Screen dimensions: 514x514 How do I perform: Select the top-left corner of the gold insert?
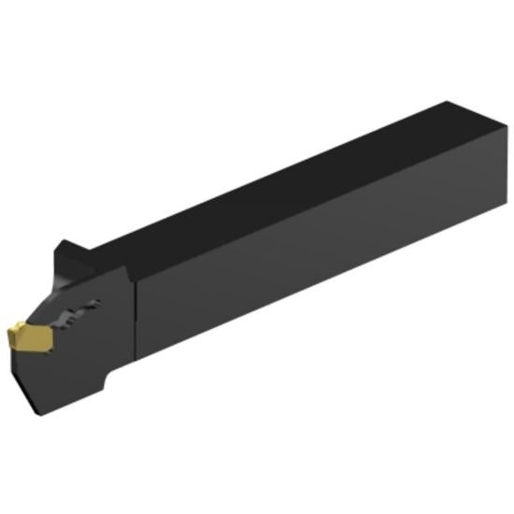pos(17,324)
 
